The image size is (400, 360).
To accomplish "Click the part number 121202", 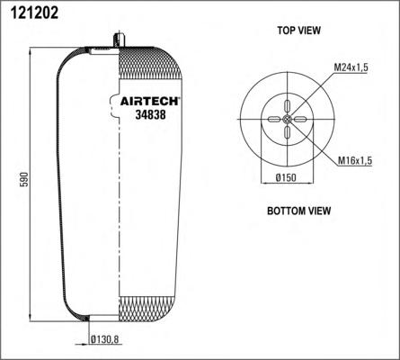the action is [34, 13].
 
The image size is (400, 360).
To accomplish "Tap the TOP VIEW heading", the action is [298, 31].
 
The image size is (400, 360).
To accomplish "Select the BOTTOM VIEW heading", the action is [298, 211].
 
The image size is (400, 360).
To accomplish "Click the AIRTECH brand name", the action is [149, 102].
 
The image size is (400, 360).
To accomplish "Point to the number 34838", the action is [150, 114].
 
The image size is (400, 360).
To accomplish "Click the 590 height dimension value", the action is [24, 179].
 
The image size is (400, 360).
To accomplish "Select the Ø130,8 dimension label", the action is [105, 339].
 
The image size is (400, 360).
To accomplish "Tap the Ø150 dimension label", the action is [286, 178].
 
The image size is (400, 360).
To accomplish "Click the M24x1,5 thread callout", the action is [351, 67].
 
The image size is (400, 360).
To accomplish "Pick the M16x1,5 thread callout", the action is [355, 161].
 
